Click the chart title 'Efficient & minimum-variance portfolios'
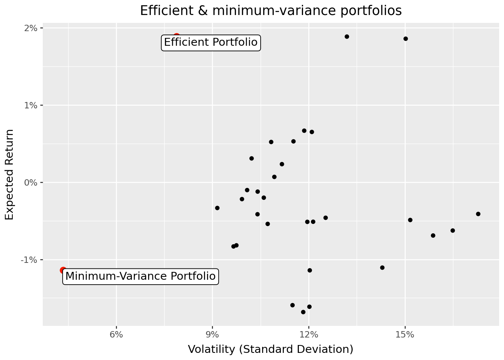pos(271,11)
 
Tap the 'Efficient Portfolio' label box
pos(211,42)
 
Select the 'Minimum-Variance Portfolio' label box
pos(141,276)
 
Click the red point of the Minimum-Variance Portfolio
pos(63,270)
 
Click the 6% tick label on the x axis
pos(117,334)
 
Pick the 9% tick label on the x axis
pos(213,334)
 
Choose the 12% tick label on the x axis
pos(309,334)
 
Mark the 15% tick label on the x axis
pos(405,334)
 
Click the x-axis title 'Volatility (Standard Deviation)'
pos(271,349)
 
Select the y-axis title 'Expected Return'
pos(9,175)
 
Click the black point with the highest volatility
pos(478,214)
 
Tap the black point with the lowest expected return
pos(303,312)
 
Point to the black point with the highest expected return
pos(347,37)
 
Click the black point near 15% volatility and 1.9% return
pos(406,39)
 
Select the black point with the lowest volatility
pos(217,208)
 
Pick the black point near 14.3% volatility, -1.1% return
pos(382,268)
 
